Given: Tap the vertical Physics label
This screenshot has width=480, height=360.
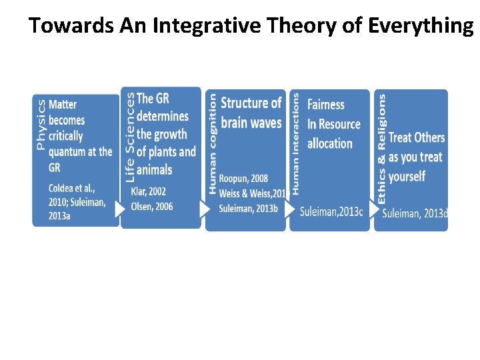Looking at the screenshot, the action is tap(41, 125).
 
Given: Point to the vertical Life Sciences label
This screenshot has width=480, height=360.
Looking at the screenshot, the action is tap(129, 137).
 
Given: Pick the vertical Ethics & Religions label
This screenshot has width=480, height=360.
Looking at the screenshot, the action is tap(382, 148).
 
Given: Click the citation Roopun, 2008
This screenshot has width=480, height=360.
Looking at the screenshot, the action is tap(243, 178).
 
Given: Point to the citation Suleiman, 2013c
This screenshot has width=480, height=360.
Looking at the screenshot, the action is tap(331, 211).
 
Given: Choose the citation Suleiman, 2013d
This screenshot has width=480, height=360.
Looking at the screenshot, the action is tap(415, 213).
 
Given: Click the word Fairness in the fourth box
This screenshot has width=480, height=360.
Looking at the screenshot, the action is tap(326, 105).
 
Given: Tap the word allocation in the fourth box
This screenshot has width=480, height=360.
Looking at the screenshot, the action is tap(329, 143).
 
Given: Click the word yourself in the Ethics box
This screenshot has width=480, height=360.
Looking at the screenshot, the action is tap(407, 176).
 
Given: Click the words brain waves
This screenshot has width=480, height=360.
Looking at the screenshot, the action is tap(251, 122).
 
